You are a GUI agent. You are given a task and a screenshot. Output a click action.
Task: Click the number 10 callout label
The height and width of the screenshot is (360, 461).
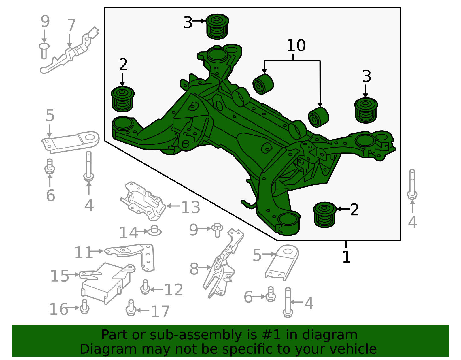296,46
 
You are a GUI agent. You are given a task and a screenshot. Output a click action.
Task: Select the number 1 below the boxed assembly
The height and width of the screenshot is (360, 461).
346,257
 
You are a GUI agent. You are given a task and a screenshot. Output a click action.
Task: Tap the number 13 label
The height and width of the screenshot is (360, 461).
190,207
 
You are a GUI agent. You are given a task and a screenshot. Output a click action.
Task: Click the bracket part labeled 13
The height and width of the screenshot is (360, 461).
143,201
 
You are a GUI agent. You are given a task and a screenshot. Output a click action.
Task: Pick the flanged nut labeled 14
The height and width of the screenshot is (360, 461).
154,231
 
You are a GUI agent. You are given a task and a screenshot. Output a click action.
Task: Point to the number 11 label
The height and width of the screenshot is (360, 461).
84,252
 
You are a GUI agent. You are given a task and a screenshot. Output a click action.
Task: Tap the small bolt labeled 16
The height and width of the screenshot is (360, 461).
84,307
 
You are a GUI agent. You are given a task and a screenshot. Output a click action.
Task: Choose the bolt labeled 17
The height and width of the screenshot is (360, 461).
131,308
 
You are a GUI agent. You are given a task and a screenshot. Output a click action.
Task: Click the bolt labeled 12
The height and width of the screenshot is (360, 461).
145,287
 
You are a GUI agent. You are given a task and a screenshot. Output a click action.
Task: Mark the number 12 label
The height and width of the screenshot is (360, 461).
173,290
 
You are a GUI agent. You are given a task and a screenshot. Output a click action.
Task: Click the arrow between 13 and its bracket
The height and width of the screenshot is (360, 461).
173,206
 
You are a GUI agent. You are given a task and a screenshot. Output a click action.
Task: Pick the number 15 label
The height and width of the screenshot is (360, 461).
60,276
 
